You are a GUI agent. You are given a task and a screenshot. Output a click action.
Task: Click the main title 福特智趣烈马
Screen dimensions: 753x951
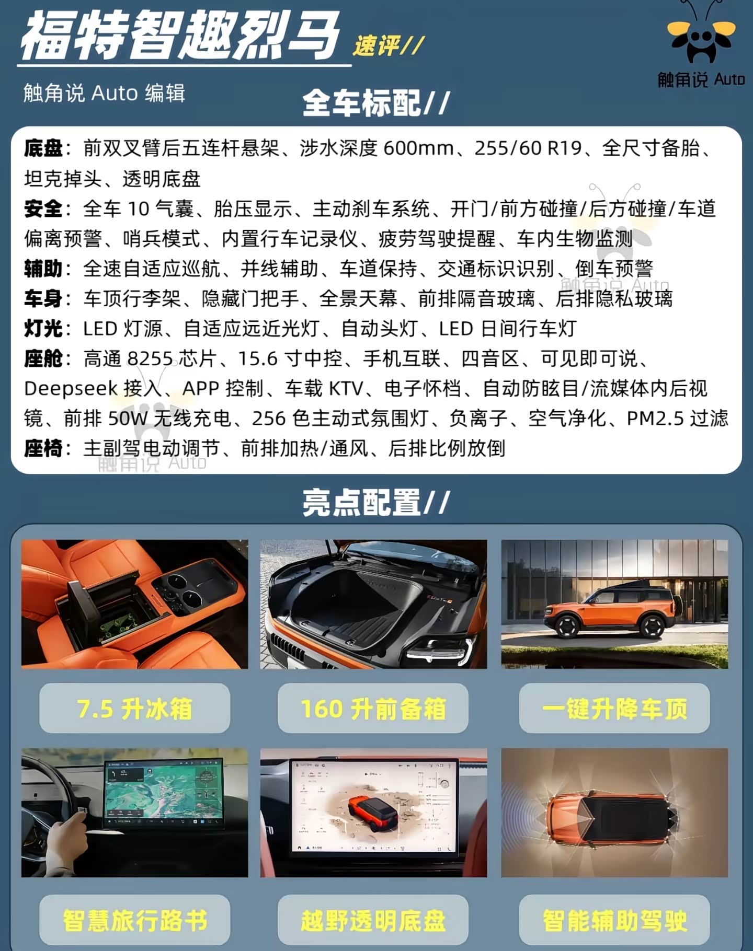pos(180,35)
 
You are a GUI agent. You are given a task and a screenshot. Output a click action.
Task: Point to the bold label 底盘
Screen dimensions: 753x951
pos(43,148)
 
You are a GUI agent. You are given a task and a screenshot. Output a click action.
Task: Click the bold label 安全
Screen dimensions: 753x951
pos(43,209)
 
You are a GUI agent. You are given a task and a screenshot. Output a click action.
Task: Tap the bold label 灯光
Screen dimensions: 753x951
pos(43,329)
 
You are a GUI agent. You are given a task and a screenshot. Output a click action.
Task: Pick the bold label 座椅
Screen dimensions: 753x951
pos(43,449)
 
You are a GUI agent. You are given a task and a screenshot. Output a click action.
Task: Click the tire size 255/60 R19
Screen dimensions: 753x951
pos(528,148)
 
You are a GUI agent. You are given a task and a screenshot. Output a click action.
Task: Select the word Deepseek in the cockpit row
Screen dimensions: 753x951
pos(71,389)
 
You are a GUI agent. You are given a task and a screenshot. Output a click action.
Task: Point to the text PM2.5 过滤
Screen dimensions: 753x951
pos(677,419)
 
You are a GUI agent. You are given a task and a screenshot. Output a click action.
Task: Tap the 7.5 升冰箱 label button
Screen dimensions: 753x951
pos(135,708)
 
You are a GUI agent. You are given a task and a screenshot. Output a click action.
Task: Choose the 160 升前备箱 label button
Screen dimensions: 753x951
pos(373,708)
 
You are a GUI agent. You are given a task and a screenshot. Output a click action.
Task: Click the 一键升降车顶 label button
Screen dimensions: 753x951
pos(614,708)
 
